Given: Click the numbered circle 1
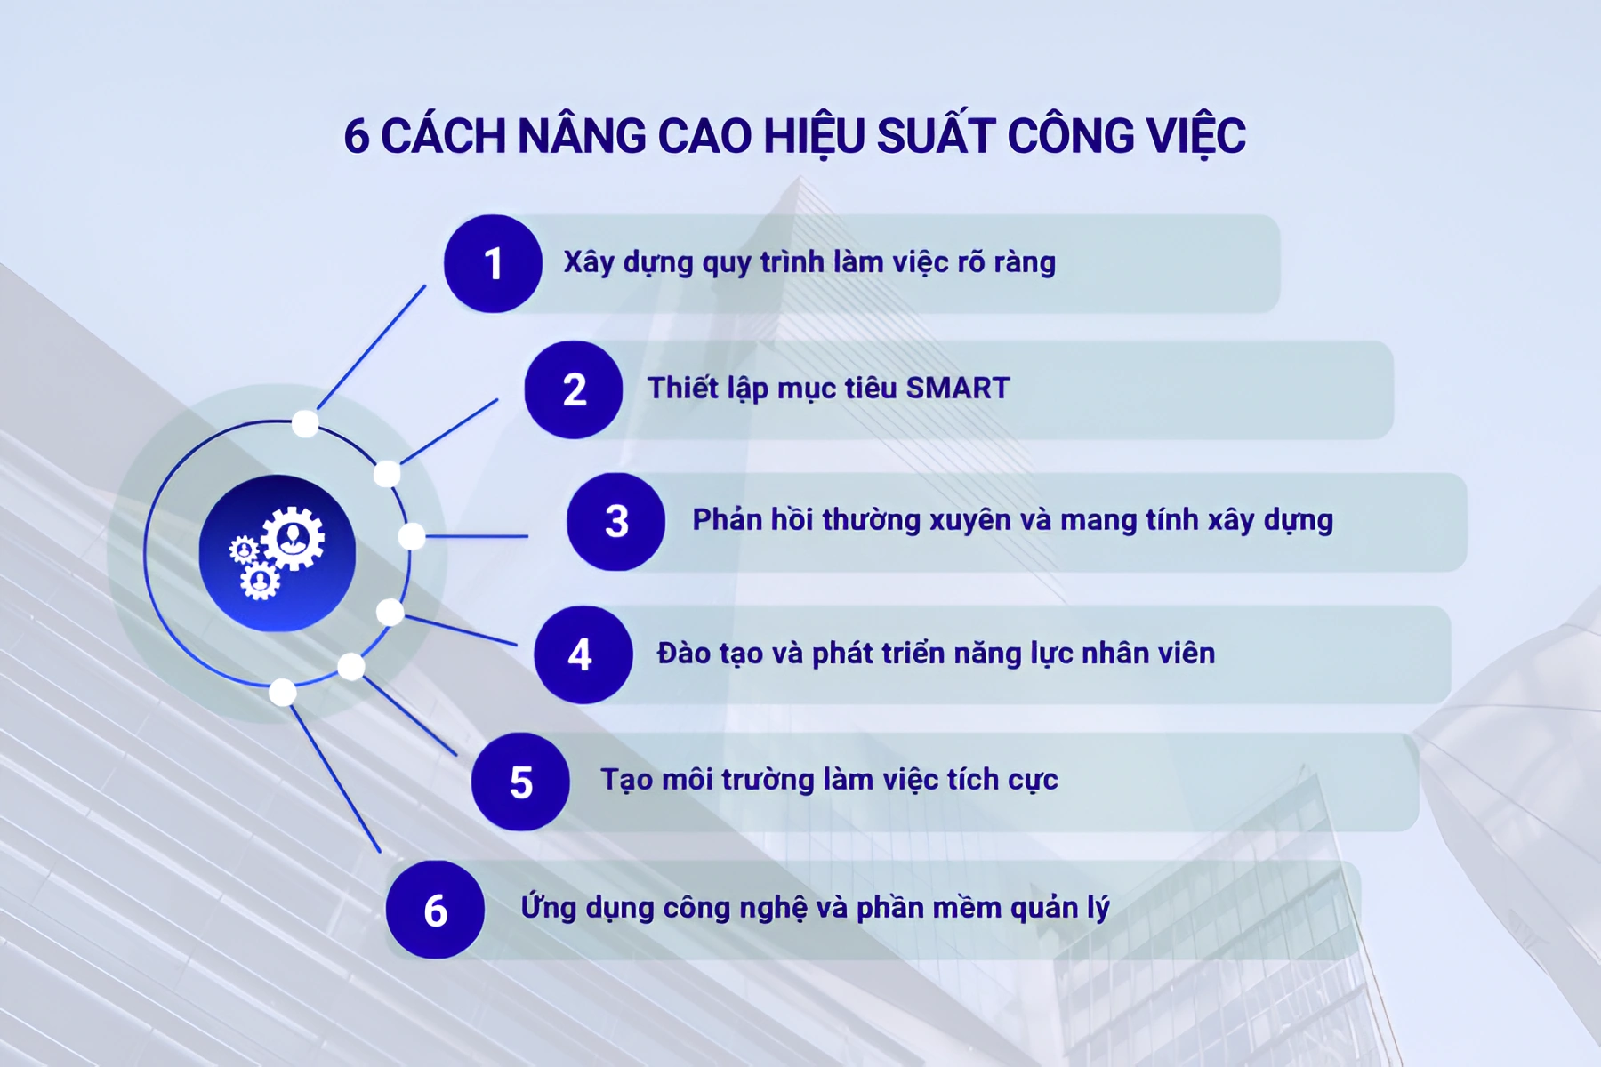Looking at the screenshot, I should [493, 263].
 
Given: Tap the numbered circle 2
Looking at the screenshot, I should [574, 389].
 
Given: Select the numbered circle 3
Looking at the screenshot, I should [615, 522].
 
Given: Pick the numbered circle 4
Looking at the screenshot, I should [583, 655].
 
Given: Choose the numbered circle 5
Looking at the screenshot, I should [520, 782].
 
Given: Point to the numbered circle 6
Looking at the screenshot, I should [435, 910].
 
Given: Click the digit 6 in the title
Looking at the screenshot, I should [357, 137].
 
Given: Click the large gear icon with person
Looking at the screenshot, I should [293, 538].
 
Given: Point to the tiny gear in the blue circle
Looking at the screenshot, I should [243, 550].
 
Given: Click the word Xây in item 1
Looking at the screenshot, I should [589, 263].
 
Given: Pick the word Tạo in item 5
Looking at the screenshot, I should [626, 780].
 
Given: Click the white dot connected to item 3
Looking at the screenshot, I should [412, 536].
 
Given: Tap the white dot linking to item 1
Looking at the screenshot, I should [305, 423].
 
